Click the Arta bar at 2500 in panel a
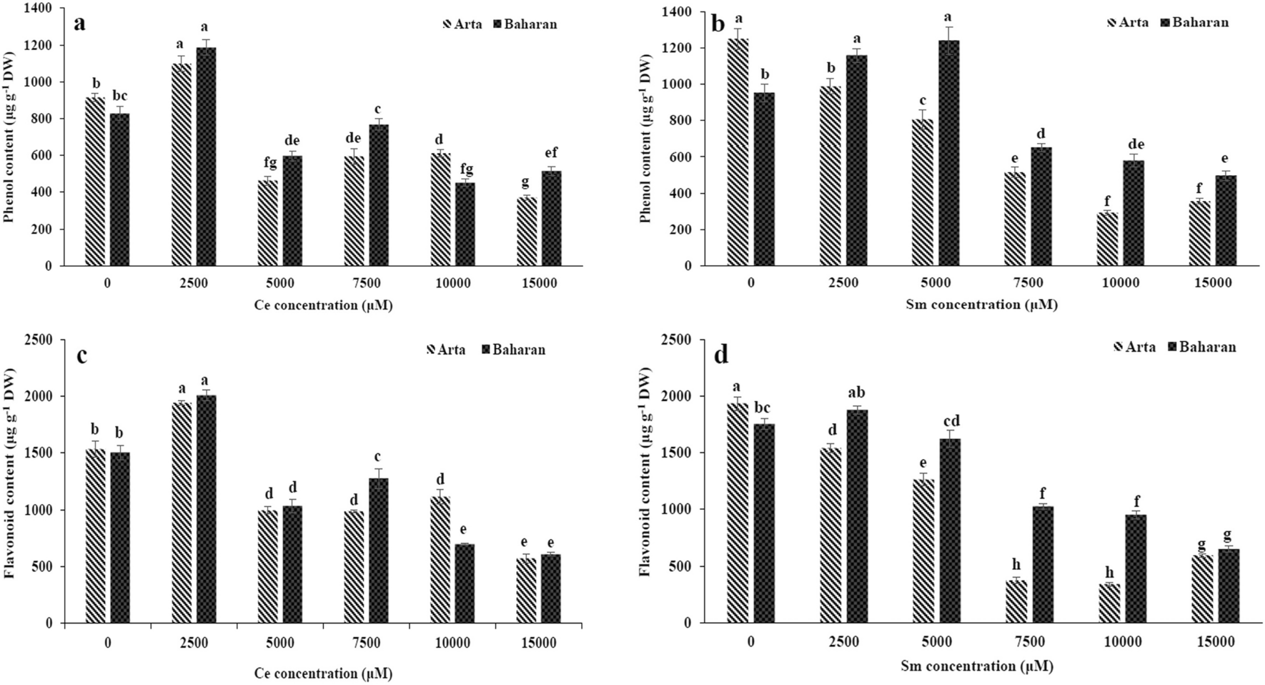click(x=182, y=164)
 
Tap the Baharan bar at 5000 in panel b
click(x=949, y=153)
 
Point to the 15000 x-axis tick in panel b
click(x=1214, y=282)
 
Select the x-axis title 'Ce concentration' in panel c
click(x=323, y=673)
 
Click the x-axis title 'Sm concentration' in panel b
click(x=981, y=305)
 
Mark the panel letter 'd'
click(x=721, y=355)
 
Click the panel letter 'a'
click(x=80, y=22)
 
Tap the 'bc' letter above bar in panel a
click(x=119, y=96)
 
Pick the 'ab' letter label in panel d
click(x=856, y=393)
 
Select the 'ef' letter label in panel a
click(x=550, y=152)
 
